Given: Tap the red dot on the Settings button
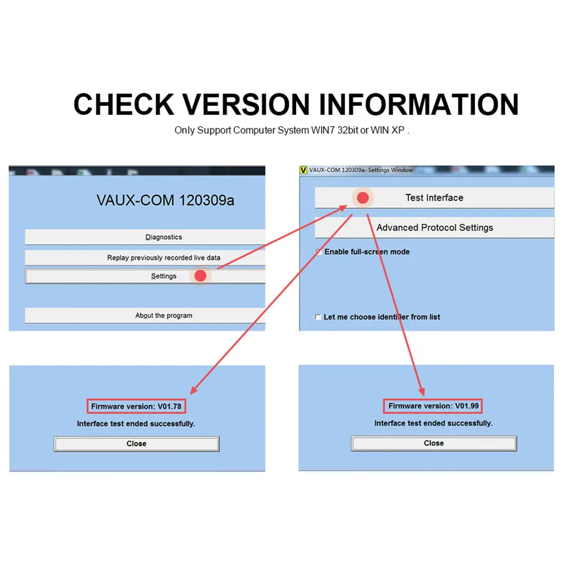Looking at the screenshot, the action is click(x=200, y=276).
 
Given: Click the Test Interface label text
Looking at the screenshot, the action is click(x=434, y=198).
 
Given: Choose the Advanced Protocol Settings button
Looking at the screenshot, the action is click(x=434, y=228).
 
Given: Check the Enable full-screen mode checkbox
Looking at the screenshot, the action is click(x=319, y=252).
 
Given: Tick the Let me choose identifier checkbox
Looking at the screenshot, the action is click(x=318, y=318).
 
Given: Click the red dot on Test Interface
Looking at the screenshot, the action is click(x=363, y=198).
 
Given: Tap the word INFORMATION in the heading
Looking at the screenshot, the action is click(x=418, y=105).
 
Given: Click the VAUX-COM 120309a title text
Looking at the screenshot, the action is click(x=165, y=200).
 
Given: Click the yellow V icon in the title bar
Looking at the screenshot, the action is click(x=303, y=170).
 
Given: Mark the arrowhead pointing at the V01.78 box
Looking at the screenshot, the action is click(x=193, y=391).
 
